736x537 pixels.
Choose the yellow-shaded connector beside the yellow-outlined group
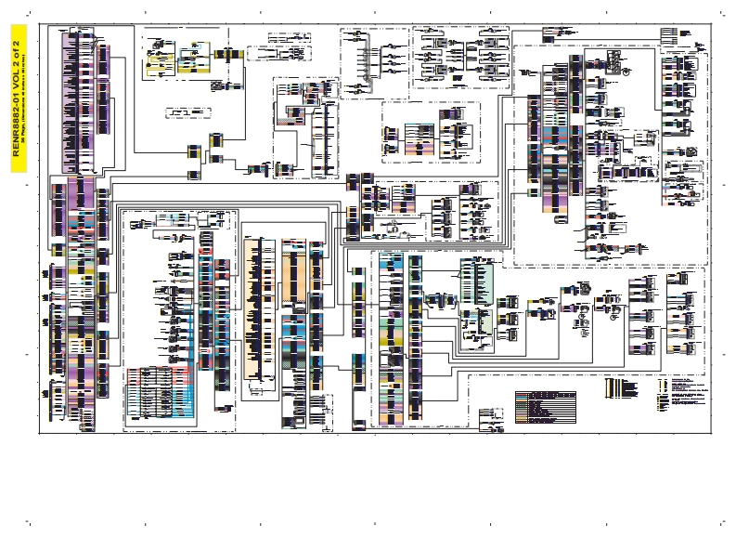(x=198, y=58)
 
